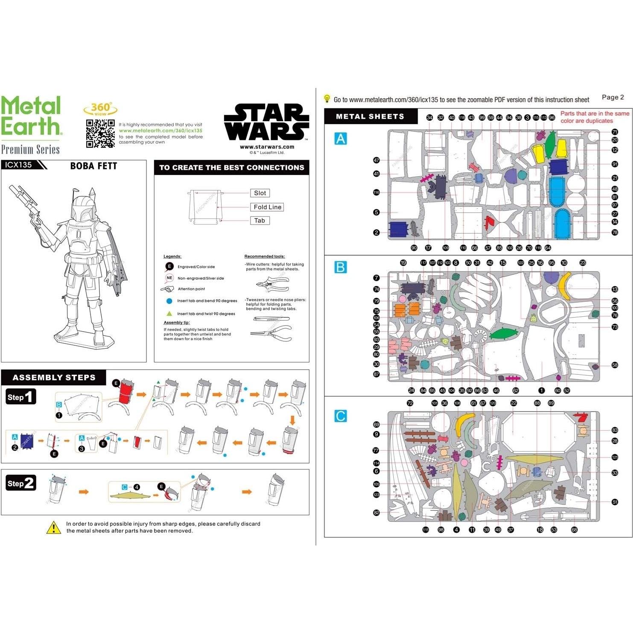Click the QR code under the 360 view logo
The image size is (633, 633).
point(100,134)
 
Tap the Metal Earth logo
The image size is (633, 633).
point(31,116)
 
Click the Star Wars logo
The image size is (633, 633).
point(266,123)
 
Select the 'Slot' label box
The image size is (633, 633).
point(260,193)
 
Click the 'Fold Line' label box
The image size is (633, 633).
point(267,207)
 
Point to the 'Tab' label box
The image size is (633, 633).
point(260,221)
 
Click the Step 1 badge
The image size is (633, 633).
point(20,397)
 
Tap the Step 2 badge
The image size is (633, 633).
point(20,483)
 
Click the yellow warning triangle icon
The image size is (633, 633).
point(53,528)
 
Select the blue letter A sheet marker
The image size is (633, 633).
point(341,139)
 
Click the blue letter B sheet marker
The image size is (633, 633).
point(341,267)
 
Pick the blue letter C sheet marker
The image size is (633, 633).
point(341,416)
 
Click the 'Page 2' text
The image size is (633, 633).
point(613,97)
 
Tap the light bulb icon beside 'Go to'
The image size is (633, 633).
point(327,99)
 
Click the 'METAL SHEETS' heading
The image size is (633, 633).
point(370,117)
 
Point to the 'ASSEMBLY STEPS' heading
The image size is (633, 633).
point(54,377)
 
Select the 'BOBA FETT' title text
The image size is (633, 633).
point(93,166)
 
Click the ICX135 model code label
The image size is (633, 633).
point(19,165)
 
